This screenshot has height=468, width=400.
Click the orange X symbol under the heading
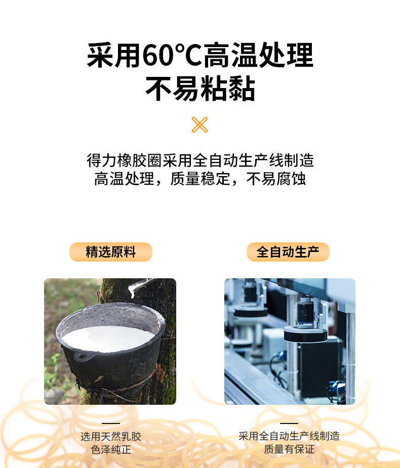click(x=199, y=125)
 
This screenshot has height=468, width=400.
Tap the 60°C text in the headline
click(x=172, y=55)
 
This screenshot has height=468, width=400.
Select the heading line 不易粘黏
click(x=200, y=89)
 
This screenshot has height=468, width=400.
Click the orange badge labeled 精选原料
click(x=111, y=252)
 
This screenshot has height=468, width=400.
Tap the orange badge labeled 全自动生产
click(x=288, y=252)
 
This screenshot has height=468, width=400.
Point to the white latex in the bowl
click(x=108, y=338)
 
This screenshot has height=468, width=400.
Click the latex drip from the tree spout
click(x=132, y=291)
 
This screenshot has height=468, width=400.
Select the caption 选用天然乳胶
click(x=111, y=436)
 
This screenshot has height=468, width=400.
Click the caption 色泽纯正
click(x=111, y=449)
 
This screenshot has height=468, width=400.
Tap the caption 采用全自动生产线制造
click(x=289, y=436)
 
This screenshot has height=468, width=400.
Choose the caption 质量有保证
click(x=289, y=449)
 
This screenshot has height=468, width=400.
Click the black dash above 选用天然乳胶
click(x=111, y=423)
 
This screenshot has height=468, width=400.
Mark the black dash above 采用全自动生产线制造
click(x=289, y=423)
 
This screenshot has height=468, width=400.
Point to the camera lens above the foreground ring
click(x=305, y=311)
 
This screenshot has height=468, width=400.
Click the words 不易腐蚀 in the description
click(x=276, y=179)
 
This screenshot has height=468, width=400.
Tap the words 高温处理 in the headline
click(x=258, y=55)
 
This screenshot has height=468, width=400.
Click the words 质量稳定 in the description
click(x=200, y=179)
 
